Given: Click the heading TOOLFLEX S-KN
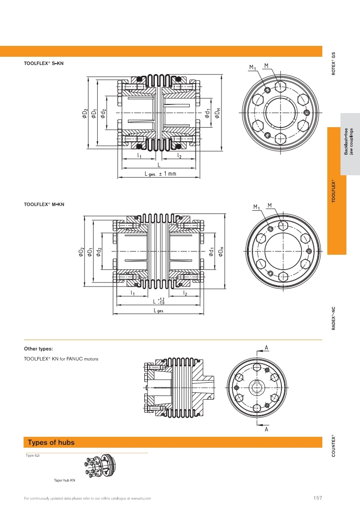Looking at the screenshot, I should pos(44,64).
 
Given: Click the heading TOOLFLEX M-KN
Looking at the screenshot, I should pos(44,204).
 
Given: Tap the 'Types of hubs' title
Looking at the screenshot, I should pos(51,442).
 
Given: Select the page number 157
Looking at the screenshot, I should pos(318,498).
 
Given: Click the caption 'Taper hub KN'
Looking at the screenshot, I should pos(64,480).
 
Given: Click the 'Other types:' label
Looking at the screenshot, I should pos(38,349).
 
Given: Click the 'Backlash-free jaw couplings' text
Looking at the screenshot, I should pos(349,141).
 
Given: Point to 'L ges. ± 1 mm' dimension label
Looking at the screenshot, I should pos(160,173).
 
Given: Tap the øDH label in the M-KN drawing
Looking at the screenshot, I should pos(220,252).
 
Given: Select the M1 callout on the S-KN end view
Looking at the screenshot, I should pos(252,68).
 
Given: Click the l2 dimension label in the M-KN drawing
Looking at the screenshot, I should pos(185,293).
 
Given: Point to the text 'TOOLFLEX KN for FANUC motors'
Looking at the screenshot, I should pos(61,359).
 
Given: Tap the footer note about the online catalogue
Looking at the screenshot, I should pos(87,498).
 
